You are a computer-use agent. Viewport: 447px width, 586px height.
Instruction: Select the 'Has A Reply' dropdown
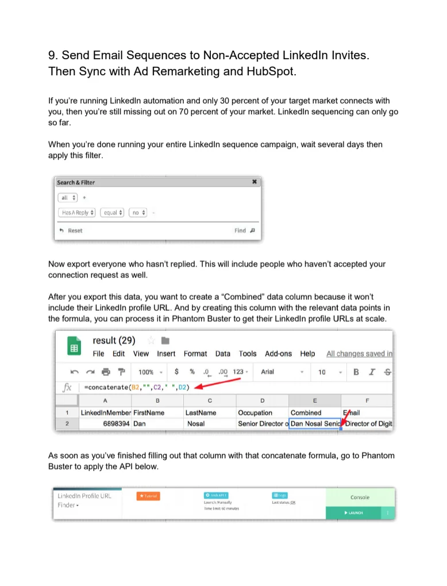(x=77, y=213)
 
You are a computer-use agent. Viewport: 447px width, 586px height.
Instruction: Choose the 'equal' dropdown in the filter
(x=112, y=213)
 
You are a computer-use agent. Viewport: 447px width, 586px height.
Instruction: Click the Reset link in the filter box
(x=71, y=230)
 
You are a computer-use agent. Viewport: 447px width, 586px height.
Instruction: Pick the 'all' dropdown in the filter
(x=66, y=198)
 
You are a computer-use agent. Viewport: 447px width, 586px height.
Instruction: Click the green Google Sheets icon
(x=74, y=348)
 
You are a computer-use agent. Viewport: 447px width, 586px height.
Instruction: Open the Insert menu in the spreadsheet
(x=166, y=354)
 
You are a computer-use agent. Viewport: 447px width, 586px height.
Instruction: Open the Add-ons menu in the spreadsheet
(x=278, y=354)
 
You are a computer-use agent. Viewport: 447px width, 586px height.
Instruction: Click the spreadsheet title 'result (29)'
(x=114, y=341)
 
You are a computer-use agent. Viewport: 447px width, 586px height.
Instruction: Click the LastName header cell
(x=201, y=412)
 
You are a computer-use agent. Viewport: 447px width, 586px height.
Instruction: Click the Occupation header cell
(x=255, y=412)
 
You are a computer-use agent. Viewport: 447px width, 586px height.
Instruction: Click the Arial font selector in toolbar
(x=268, y=372)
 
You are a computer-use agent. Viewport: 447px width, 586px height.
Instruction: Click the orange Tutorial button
(x=148, y=496)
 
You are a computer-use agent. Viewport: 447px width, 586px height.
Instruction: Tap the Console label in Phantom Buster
(x=360, y=498)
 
